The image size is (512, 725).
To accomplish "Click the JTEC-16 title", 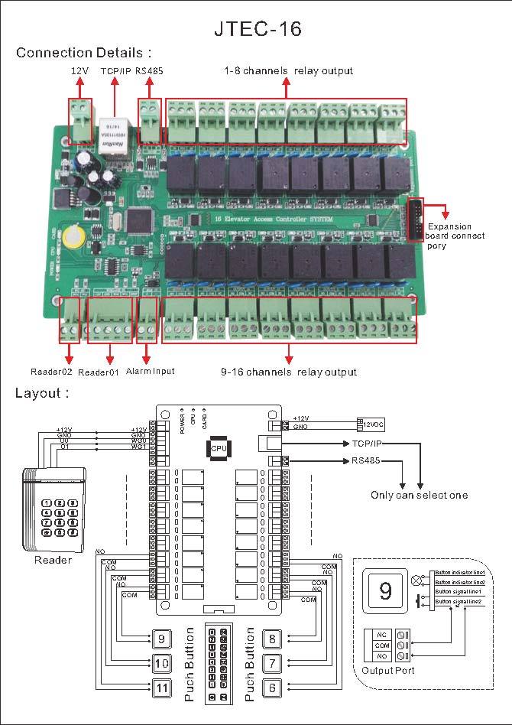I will [256, 29].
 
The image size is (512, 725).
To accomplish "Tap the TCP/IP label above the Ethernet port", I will [115, 70].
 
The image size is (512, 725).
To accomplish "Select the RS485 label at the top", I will [150, 70].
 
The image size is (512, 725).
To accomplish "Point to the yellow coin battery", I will [75, 234].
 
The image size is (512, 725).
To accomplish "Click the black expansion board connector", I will [415, 219].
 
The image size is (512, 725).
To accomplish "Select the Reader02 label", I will [51, 372].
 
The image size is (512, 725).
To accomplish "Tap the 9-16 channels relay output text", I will [288, 372].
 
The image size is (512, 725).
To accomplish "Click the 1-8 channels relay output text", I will [288, 70].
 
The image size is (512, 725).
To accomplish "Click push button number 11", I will [160, 688].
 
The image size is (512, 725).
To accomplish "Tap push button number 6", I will [273, 688].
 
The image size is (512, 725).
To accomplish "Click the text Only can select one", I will [419, 495].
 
